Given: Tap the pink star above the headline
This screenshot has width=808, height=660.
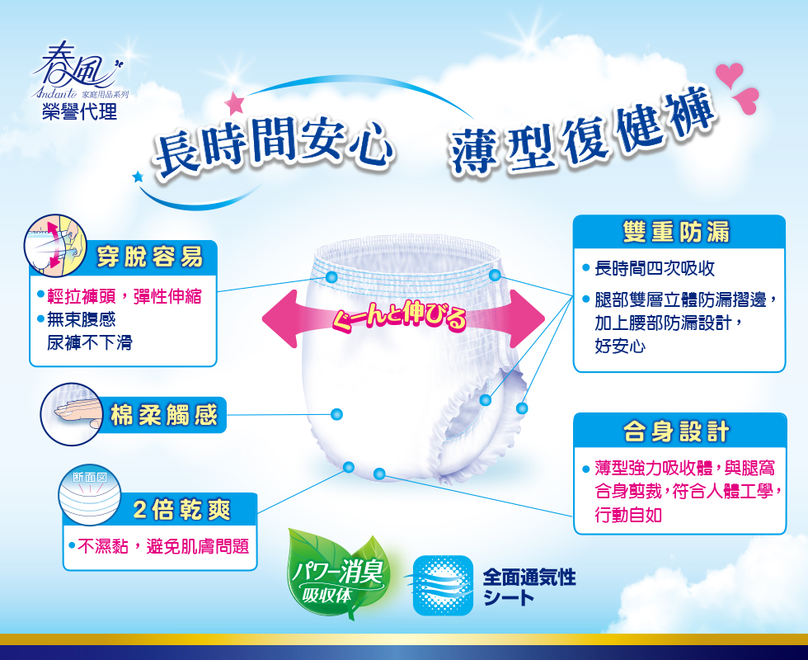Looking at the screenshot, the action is [x=234, y=102].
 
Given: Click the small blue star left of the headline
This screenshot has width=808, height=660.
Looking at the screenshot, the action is [x=138, y=177].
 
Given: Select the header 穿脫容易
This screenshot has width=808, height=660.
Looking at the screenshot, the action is [x=150, y=257].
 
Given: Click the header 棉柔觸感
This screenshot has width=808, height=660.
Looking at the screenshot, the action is [x=164, y=415].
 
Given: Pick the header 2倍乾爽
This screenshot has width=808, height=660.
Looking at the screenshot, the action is [x=182, y=510].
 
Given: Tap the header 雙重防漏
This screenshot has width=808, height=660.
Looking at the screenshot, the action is [x=677, y=232].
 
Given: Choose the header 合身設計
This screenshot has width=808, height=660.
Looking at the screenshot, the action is [x=677, y=431].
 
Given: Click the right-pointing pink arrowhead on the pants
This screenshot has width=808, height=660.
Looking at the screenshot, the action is [x=526, y=318].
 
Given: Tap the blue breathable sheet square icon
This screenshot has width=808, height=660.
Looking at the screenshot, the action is [x=443, y=585].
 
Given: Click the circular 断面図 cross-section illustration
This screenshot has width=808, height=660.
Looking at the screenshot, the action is [x=90, y=496].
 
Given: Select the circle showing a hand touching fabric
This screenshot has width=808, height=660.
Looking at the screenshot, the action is [x=72, y=414].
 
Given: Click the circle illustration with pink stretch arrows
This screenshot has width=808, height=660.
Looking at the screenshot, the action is [x=55, y=246].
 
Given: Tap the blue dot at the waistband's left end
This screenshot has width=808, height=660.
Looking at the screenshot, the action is [x=331, y=277].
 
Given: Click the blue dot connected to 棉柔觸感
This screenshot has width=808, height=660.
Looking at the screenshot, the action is [x=336, y=414].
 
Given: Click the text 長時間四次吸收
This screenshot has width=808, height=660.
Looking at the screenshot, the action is [x=655, y=268].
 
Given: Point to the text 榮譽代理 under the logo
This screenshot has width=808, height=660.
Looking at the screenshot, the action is [x=80, y=111].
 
